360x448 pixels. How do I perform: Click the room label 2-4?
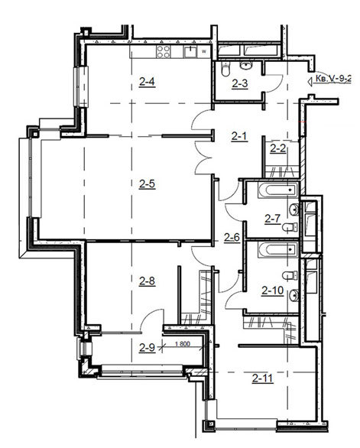[148, 82]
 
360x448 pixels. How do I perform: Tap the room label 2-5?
[148, 183]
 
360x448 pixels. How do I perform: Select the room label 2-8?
[148, 281]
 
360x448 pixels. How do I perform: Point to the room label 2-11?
[263, 378]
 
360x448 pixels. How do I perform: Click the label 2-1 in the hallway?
[239, 137]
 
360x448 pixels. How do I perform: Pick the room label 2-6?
[232, 237]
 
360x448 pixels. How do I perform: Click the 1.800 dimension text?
[182, 344]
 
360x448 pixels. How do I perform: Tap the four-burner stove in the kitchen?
[164, 52]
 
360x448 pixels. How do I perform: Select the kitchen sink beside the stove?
[190, 52]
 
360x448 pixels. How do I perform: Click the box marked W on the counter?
[204, 52]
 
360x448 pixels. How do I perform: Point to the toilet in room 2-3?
[225, 70]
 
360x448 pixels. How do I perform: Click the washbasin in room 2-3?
[246, 66]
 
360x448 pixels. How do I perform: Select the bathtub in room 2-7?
[278, 190]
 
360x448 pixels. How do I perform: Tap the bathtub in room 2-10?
[278, 250]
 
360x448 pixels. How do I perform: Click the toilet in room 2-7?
[290, 227]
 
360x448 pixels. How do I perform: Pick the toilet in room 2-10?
[290, 276]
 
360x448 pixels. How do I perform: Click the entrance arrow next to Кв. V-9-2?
[310, 82]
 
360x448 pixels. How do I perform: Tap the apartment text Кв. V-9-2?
[333, 78]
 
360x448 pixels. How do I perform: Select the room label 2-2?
[278, 148]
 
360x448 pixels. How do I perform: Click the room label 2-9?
[148, 348]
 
